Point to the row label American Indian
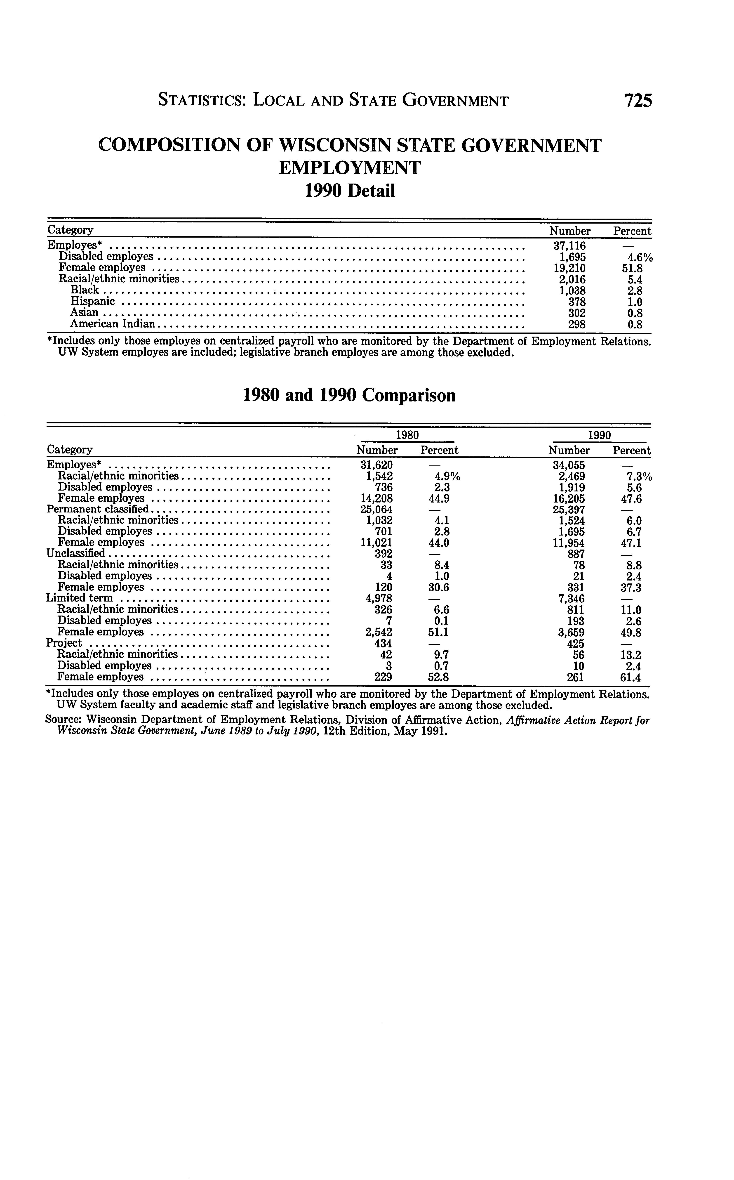112,324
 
